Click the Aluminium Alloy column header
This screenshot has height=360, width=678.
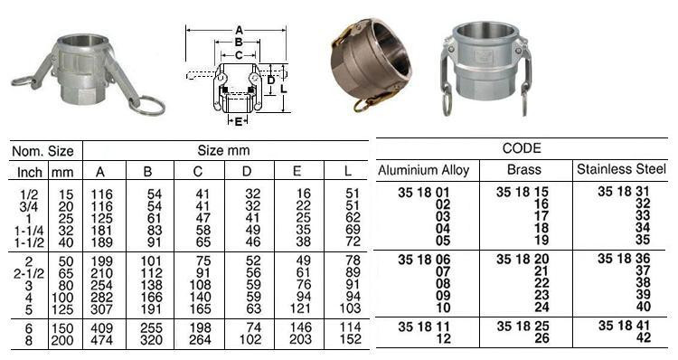(x=423, y=170)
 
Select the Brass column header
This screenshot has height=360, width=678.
(x=525, y=170)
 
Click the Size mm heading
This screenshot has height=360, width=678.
(x=223, y=151)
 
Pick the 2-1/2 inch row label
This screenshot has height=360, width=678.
(x=28, y=271)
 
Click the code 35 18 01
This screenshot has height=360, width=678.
(x=423, y=192)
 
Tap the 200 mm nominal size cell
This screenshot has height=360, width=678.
(x=63, y=342)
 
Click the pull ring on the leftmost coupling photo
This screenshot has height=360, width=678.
(x=148, y=105)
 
